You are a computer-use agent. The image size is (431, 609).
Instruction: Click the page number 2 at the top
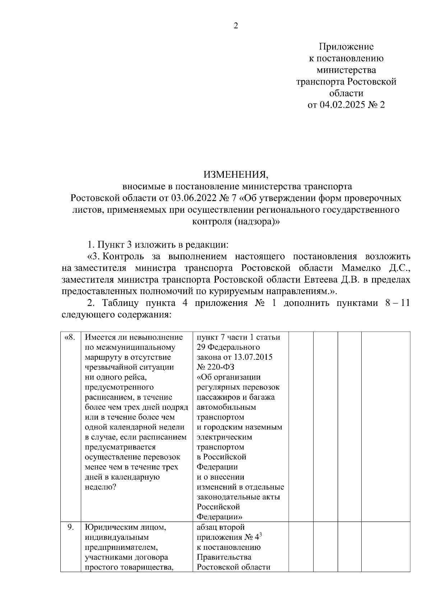pyautogui.click(x=236, y=26)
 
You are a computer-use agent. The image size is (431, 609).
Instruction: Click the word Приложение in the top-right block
pyautogui.click(x=346, y=47)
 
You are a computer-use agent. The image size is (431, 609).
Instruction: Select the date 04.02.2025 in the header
pyautogui.click(x=341, y=105)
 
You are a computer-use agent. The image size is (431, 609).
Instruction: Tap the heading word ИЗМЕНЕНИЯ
pyautogui.click(x=236, y=175)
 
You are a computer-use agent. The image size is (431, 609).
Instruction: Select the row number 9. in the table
pyautogui.click(x=71, y=527)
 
